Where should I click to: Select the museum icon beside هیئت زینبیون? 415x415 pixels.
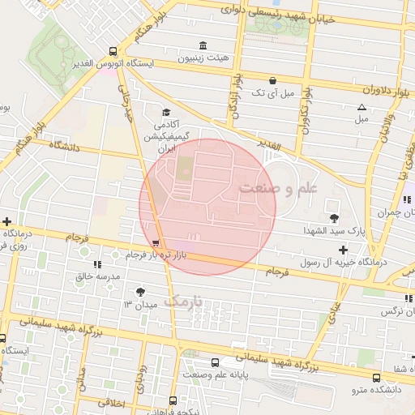202,45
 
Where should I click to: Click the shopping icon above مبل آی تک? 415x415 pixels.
272,81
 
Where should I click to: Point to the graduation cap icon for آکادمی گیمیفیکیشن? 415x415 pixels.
166,113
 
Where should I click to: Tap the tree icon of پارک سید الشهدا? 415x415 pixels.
334,217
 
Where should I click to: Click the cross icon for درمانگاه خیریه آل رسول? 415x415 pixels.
344,250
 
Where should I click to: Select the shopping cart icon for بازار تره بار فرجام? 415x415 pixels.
155,243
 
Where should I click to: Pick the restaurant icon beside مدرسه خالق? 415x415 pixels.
96,264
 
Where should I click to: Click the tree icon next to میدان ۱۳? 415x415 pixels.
141,291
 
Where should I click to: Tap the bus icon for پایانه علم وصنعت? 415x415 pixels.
215,362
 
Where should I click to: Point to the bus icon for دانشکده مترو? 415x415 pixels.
376,379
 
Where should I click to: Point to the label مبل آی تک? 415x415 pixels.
269,94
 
